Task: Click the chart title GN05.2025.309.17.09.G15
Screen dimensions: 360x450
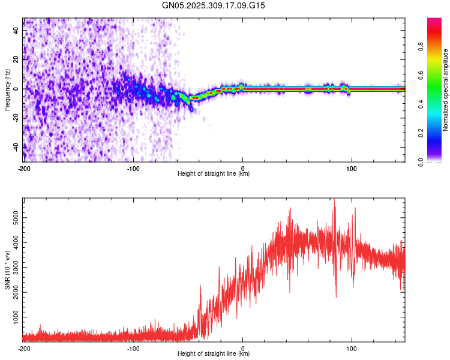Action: [x=214, y=5]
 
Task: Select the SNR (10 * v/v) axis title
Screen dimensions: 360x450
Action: [x=7, y=271]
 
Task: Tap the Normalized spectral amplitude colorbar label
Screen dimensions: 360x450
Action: [x=445, y=91]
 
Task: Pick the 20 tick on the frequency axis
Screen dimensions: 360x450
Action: [x=16, y=59]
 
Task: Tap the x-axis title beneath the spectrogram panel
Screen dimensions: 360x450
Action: [x=214, y=174]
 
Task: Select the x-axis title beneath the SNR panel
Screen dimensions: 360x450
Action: [x=214, y=354]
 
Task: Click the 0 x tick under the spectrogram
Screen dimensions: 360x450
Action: [x=242, y=168]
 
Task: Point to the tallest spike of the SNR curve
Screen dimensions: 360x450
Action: [x=334, y=201]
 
